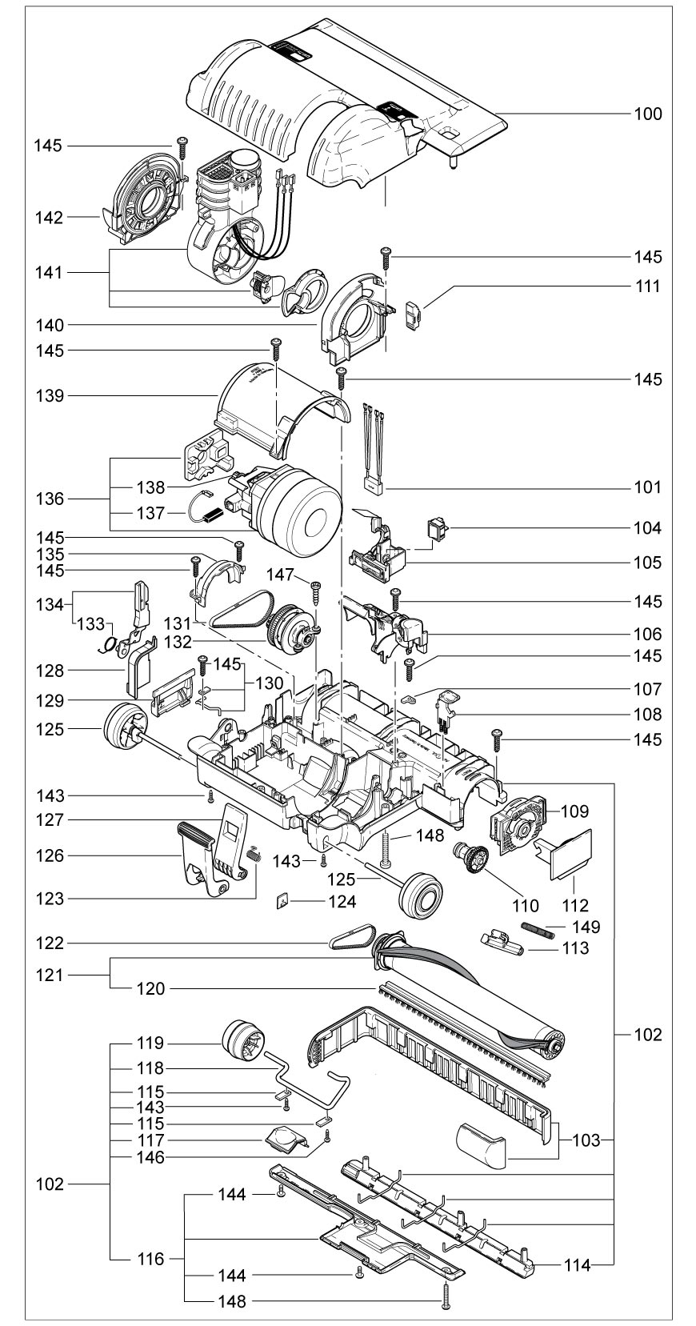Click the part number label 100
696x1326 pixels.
click(648, 114)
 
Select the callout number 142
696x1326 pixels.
click(49, 217)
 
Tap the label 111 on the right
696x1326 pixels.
click(648, 286)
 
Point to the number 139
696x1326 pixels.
click(49, 395)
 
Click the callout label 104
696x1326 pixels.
click(648, 528)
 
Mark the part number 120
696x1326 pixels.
click(150, 988)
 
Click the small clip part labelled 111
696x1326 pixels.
click(412, 315)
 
